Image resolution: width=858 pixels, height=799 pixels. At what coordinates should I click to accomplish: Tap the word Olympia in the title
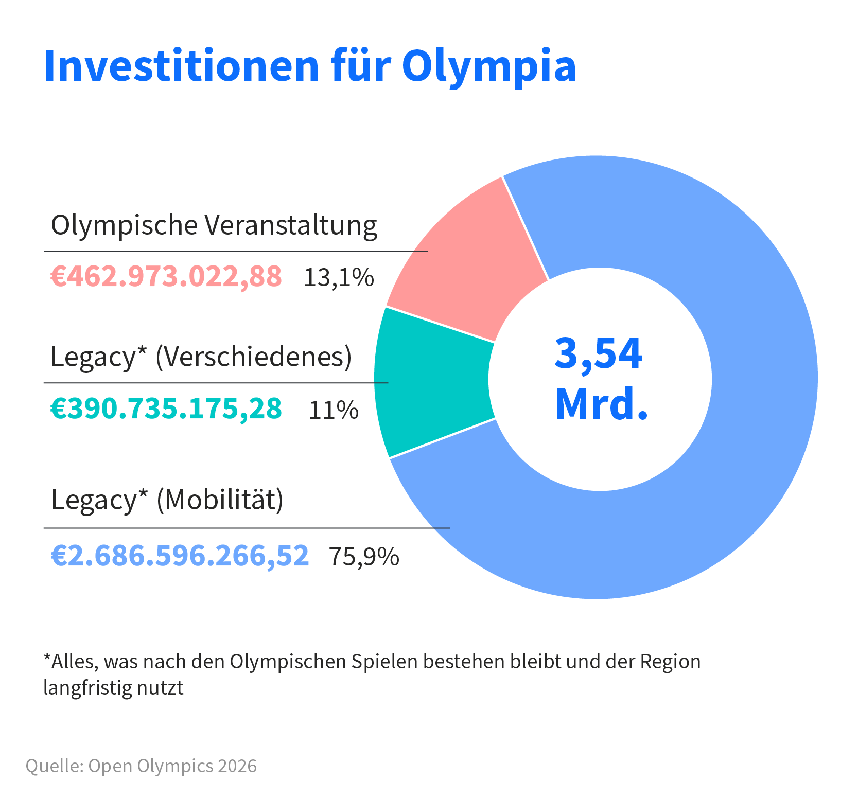point(488,66)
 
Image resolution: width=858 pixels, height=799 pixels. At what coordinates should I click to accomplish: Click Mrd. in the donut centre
point(601,404)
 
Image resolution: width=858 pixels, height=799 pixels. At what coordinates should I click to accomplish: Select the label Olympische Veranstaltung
point(214,225)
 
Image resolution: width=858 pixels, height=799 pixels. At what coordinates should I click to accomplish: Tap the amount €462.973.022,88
point(166,276)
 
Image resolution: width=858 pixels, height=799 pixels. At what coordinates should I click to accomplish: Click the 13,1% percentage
point(339,278)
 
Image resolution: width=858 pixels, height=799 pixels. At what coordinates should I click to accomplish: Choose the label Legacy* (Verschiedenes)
point(201,356)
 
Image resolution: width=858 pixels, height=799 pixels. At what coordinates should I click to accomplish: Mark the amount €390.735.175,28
point(166,409)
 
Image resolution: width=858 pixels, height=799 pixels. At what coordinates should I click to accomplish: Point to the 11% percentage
point(334,411)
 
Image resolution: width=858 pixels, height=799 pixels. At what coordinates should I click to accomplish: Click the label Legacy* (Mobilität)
point(167,499)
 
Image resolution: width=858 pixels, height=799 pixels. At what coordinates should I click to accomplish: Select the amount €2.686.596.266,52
point(180,556)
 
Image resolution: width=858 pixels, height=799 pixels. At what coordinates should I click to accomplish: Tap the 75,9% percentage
point(364,557)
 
